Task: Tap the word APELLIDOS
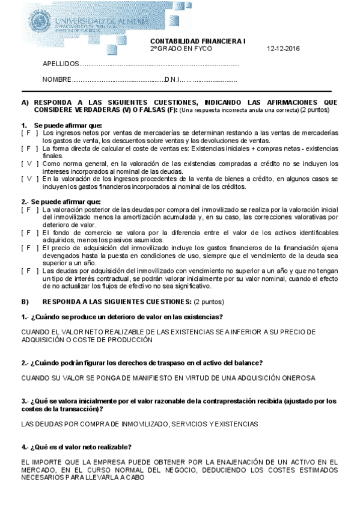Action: pyautogui.click(x=60, y=64)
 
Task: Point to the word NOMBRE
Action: pyautogui.click(x=56, y=80)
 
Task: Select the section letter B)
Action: pyautogui.click(x=25, y=301)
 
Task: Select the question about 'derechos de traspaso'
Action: pyautogui.click(x=142, y=363)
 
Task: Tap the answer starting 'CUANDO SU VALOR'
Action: pyautogui.click(x=168, y=378)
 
